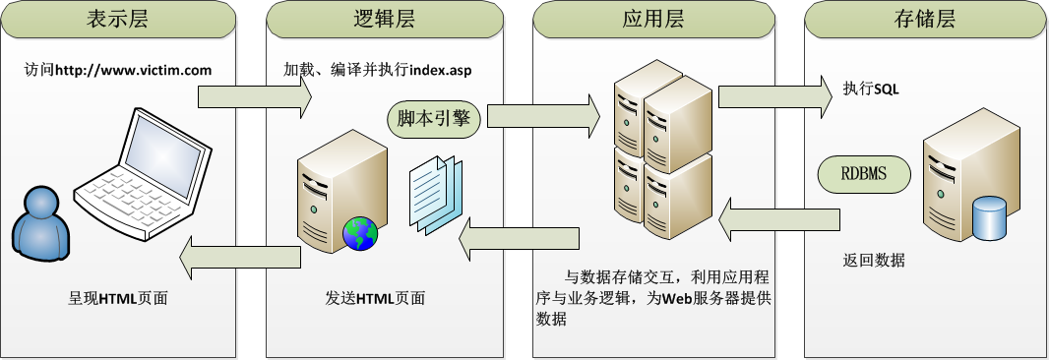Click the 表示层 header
(119, 18)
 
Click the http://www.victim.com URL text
(134, 71)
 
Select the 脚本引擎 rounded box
(433, 118)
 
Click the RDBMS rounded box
(864, 175)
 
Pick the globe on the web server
(360, 234)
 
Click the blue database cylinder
(988, 218)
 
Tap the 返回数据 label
(874, 261)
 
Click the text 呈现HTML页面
(119, 298)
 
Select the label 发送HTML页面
(376, 298)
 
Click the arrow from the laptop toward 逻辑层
(254, 96)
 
